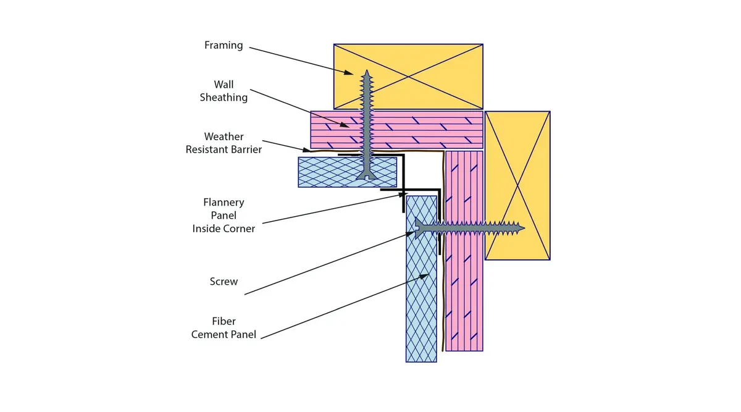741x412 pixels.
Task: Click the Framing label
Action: (x=224, y=45)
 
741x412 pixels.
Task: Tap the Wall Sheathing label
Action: (x=224, y=91)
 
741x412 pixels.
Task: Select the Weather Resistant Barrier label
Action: (x=224, y=143)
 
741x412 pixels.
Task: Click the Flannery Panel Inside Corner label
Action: (x=224, y=215)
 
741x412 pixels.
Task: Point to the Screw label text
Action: (x=224, y=281)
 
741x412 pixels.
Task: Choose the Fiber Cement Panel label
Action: (x=224, y=327)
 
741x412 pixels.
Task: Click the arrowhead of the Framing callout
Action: (x=348, y=72)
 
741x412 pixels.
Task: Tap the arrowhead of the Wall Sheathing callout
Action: (x=345, y=125)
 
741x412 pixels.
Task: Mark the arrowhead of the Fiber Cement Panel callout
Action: (x=424, y=276)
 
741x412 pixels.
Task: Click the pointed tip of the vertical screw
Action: (x=367, y=70)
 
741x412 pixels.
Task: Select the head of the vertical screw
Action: (x=367, y=176)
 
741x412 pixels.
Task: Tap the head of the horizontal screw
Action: (x=418, y=228)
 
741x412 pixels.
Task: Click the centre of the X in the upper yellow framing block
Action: (x=408, y=77)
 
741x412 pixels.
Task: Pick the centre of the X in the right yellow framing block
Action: (x=517, y=186)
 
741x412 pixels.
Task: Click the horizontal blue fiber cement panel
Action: (x=347, y=172)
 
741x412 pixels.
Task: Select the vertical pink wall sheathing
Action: (x=464, y=251)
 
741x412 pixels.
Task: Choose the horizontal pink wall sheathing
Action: (x=396, y=130)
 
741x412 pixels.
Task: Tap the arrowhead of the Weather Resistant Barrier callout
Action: (x=306, y=150)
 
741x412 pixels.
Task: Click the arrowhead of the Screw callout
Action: (x=410, y=234)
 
